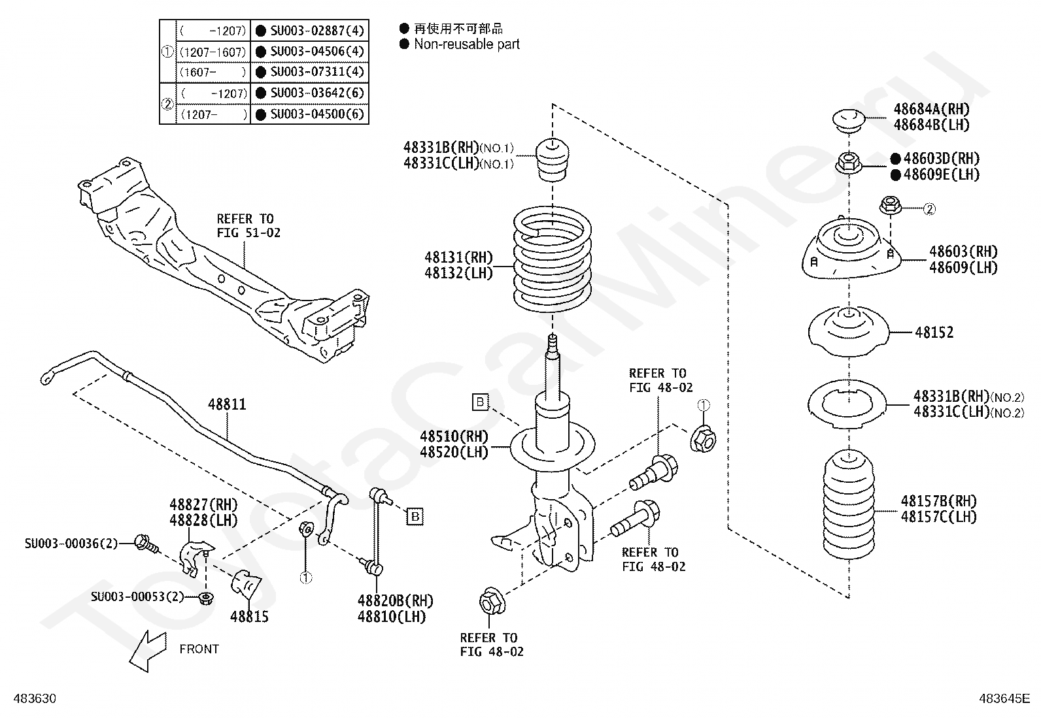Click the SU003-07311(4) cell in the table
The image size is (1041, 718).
click(x=310, y=72)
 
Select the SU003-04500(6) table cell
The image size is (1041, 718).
click(x=310, y=114)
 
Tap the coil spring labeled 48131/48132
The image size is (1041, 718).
click(x=552, y=261)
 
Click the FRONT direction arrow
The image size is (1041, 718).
click(x=148, y=651)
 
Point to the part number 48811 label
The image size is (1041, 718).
click(x=227, y=404)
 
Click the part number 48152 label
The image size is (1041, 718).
click(x=934, y=333)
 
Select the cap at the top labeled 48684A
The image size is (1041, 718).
click(x=849, y=120)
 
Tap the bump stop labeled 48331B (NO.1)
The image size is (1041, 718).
click(x=552, y=160)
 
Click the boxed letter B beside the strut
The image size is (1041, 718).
click(x=480, y=402)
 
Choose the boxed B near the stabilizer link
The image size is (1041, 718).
click(x=415, y=516)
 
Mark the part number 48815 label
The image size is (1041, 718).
click(x=249, y=617)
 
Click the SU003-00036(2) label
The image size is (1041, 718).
click(x=71, y=544)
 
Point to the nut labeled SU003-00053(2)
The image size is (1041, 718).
click(x=205, y=598)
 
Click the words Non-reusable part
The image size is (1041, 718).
click(x=467, y=44)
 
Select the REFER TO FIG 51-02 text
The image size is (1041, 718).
click(x=248, y=225)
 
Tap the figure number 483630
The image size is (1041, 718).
click(x=35, y=698)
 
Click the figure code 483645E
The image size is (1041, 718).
click(x=1004, y=698)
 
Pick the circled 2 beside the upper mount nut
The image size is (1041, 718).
click(x=929, y=209)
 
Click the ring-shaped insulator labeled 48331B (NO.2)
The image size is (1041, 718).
click(x=847, y=404)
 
